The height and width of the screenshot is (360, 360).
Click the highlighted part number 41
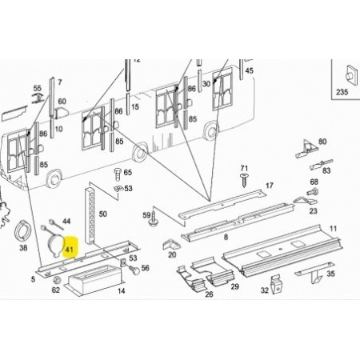[x=69, y=250]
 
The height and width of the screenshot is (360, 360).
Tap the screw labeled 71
[x=243, y=180]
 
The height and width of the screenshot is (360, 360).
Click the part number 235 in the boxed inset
[x=342, y=92]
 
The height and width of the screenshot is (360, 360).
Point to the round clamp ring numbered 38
[x=22, y=230]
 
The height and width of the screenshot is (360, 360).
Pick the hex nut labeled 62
[x=57, y=280]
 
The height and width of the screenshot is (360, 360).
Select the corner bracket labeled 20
[x=170, y=244]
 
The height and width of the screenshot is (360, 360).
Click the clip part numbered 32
[x=277, y=285]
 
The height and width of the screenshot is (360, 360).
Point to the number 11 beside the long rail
[x=333, y=229]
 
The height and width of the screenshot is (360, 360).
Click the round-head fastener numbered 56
[x=134, y=270]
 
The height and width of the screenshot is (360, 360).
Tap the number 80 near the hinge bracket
[x=322, y=142]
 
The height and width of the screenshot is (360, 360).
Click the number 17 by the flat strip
[x=270, y=186]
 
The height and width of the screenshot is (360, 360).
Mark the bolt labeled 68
[x=313, y=191]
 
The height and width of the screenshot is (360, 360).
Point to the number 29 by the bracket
[x=234, y=286]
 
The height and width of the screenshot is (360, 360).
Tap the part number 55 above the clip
[x=38, y=88]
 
